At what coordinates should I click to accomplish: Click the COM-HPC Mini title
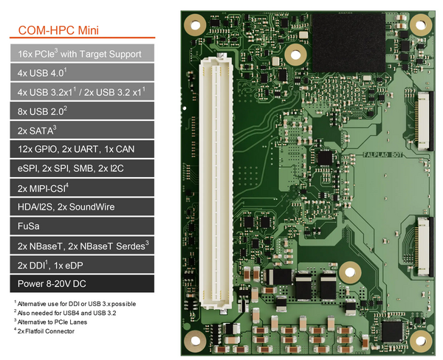coord(58,30)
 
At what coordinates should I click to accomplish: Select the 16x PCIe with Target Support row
coord(82,53)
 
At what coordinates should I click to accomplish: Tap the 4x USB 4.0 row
coord(82,72)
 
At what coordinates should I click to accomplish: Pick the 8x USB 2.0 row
coord(82,111)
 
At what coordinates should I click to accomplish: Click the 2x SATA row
coord(82,130)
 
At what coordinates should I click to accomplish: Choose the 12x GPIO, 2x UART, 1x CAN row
coord(82,149)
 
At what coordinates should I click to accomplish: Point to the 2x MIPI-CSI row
coord(82,187)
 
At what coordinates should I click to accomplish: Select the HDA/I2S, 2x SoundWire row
coord(82,207)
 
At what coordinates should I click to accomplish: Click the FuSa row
coord(82,226)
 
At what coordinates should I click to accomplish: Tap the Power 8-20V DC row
coord(82,284)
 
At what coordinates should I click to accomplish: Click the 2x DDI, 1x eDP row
coord(82,265)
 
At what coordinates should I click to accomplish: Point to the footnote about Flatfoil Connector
coord(44,331)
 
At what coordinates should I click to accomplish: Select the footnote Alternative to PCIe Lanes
coord(50,322)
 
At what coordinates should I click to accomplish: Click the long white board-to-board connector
coord(216,184)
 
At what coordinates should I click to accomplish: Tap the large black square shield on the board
coord(348,42)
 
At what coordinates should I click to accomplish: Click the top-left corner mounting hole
coord(195,25)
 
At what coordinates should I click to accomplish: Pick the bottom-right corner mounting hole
coord(421,341)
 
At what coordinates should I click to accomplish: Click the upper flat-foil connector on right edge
coord(425,121)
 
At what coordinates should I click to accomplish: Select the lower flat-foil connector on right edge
coord(425,246)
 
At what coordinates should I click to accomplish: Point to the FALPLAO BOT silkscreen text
coord(382,155)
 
